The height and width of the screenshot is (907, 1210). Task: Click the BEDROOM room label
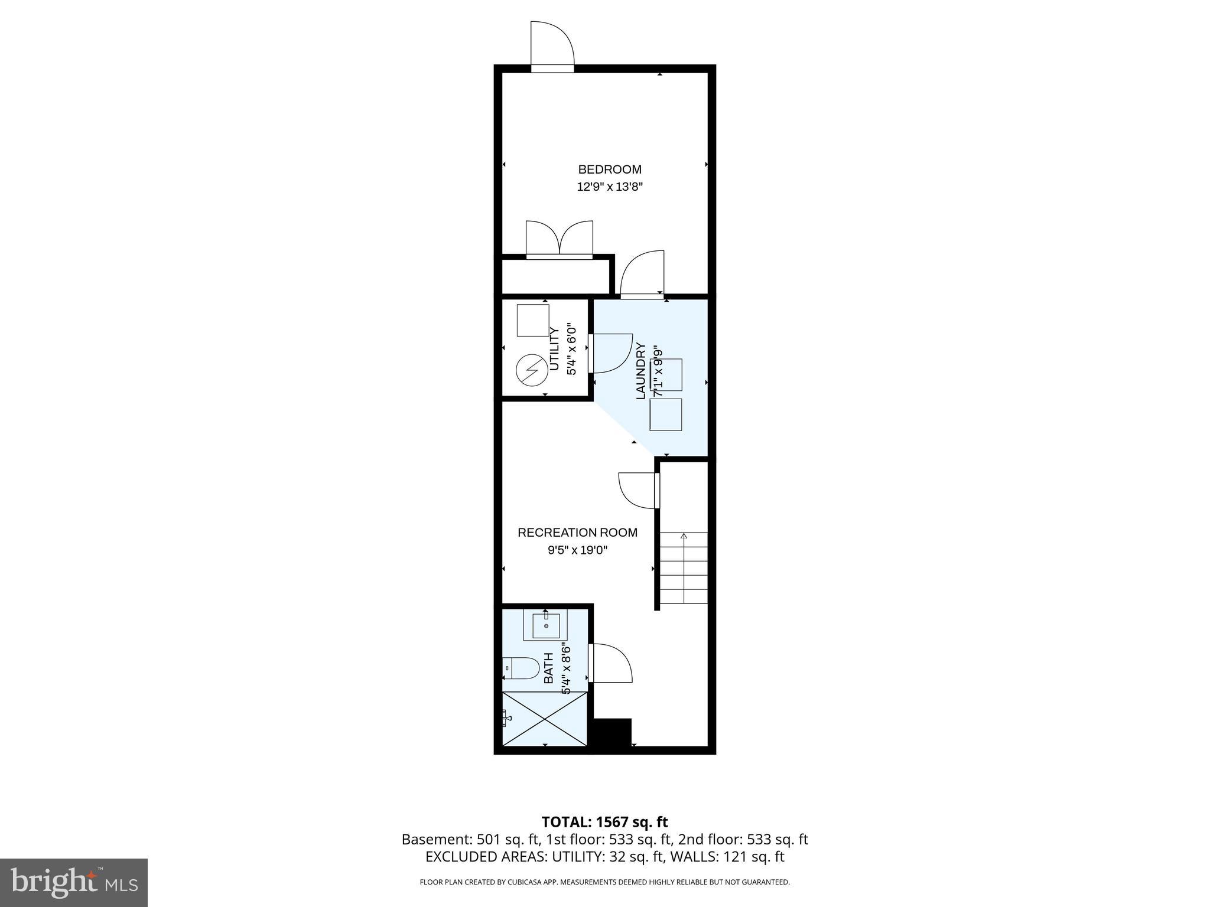tap(609, 169)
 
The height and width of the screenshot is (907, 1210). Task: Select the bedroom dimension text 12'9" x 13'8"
tap(609, 187)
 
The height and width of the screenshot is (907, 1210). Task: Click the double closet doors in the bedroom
tap(559, 240)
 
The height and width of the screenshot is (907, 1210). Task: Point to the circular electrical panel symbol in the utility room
tap(529, 370)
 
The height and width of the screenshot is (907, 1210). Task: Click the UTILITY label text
tap(554, 349)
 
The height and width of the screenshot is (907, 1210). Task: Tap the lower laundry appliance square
tap(665, 415)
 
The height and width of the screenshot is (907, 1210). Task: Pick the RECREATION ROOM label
tap(577, 533)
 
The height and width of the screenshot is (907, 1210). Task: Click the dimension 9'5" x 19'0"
tap(577, 550)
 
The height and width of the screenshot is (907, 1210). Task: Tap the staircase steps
tap(684, 568)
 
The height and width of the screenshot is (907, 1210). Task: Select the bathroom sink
tap(546, 625)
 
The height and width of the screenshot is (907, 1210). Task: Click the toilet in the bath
tap(522, 669)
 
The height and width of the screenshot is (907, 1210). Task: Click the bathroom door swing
tap(611, 664)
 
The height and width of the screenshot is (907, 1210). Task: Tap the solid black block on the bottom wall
tap(612, 733)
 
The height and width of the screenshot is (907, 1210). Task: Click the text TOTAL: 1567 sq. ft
tap(604, 822)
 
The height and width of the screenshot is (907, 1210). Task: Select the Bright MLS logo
tap(74, 882)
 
